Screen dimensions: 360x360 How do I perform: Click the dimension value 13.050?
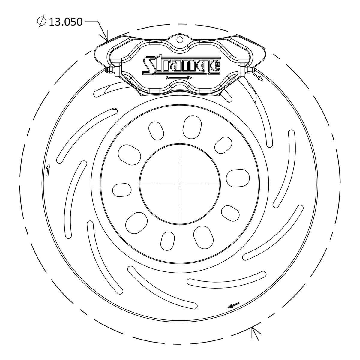coord(65,22)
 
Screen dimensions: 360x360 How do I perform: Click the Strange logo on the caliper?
coord(181,65)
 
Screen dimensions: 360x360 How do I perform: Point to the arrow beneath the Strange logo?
coord(179,78)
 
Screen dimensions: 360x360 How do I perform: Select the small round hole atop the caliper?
coord(179,39)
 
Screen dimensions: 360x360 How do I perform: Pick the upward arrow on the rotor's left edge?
coord(48,170)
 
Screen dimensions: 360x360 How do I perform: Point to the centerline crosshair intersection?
coord(180,184)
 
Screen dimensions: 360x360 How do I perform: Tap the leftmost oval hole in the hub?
coord(122,190)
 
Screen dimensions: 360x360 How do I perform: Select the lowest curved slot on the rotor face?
coord(226,279)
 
